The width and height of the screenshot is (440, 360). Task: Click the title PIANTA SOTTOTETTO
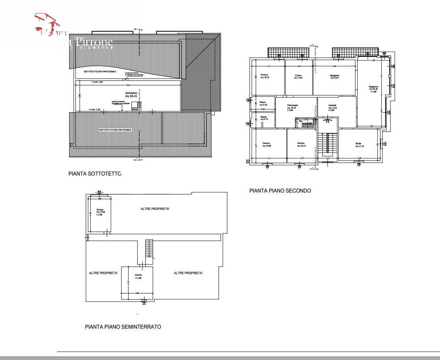click(95, 174)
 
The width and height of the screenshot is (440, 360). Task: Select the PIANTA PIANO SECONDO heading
click(280, 191)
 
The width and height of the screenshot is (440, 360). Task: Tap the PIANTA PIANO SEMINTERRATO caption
click(123, 327)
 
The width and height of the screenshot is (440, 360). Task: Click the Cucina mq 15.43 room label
click(298, 76)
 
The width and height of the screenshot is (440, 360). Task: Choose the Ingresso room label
click(332, 106)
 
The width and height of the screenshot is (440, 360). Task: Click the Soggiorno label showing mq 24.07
click(335, 76)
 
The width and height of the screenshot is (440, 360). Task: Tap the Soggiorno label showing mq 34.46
click(373, 88)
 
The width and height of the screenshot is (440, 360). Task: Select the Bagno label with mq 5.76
click(263, 103)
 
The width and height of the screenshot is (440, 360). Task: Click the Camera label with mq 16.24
click(301, 145)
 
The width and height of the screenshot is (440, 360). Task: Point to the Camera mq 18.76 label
click(264, 76)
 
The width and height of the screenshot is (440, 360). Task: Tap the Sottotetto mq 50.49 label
click(131, 95)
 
